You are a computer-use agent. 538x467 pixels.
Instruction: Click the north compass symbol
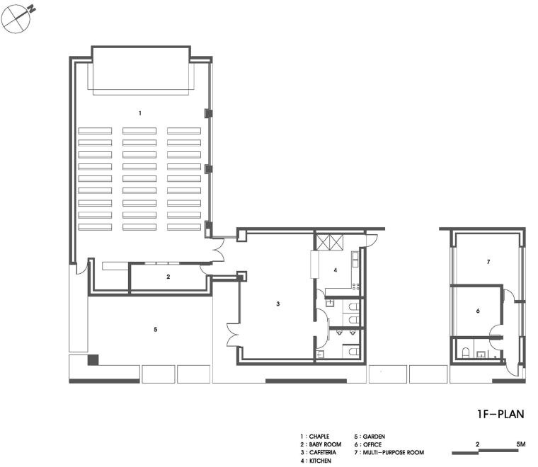[x=16, y=18]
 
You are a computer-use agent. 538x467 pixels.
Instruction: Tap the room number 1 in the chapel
[x=139, y=113]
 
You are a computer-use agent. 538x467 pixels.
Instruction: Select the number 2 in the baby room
[x=168, y=277]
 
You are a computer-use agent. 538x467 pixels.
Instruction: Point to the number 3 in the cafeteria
[x=278, y=304]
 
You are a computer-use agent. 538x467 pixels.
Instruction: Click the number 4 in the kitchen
[x=336, y=270]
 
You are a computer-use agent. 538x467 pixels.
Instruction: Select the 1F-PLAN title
[x=500, y=414]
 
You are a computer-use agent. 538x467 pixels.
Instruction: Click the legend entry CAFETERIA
[x=323, y=453]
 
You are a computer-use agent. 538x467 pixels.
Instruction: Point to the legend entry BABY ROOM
[x=325, y=444]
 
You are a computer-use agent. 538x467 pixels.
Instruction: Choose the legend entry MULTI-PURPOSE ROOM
[x=393, y=453]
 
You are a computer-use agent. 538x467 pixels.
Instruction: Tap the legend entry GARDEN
[x=374, y=437]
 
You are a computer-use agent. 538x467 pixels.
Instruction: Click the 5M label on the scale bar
[x=520, y=444]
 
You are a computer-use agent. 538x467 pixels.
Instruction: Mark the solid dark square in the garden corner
[x=93, y=359]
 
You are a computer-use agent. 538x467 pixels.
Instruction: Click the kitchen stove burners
[x=356, y=287]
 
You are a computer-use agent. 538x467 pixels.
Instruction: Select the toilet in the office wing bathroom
[x=465, y=353]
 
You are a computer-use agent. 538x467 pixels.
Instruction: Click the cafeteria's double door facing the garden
[x=232, y=335]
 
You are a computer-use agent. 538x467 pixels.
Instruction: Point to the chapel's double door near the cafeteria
[x=219, y=250]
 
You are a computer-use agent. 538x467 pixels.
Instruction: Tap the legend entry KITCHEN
[x=320, y=461]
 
